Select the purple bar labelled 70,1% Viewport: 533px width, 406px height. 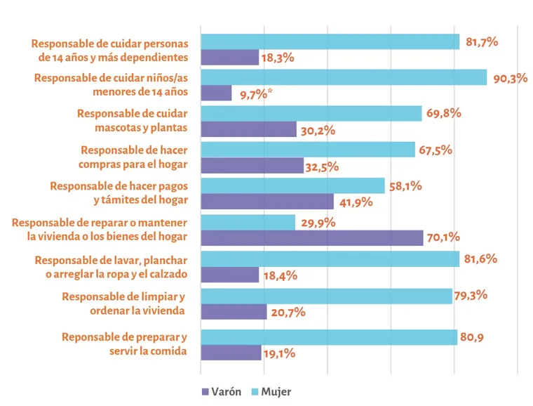tap(312, 238)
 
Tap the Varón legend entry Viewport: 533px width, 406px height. tap(221, 391)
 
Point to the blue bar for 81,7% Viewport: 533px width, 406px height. tap(330, 42)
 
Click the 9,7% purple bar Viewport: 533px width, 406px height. tap(216, 93)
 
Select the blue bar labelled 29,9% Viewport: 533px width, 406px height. tap(248, 223)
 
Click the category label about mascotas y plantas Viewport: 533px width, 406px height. tap(133, 122)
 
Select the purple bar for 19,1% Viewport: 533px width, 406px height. tap(231, 353)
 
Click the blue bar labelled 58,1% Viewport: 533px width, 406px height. tap(292, 186)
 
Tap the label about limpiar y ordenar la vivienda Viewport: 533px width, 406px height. tap(124, 303)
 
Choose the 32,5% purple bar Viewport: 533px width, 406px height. tap(252, 166)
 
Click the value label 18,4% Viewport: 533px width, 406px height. tap(280, 275)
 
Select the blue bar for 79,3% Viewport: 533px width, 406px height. tap(326, 296)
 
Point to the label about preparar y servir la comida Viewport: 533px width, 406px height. tap(124, 344)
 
